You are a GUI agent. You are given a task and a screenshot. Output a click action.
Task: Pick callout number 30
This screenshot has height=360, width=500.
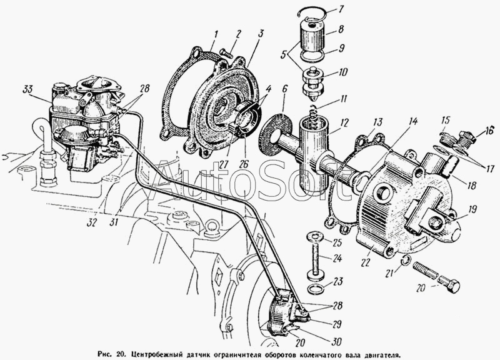[337, 341]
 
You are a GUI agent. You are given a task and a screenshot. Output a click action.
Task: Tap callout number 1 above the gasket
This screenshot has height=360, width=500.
[214, 34]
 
